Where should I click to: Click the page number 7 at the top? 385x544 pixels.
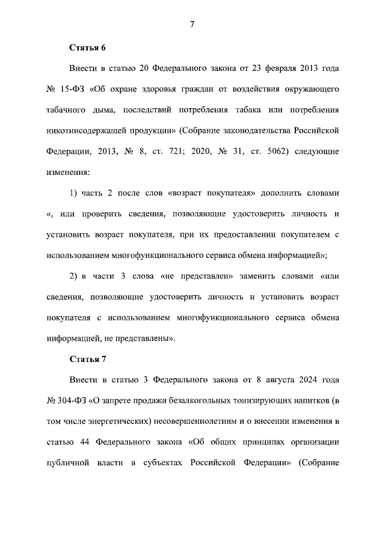[192, 24]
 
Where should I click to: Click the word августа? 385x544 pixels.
[275, 380]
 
